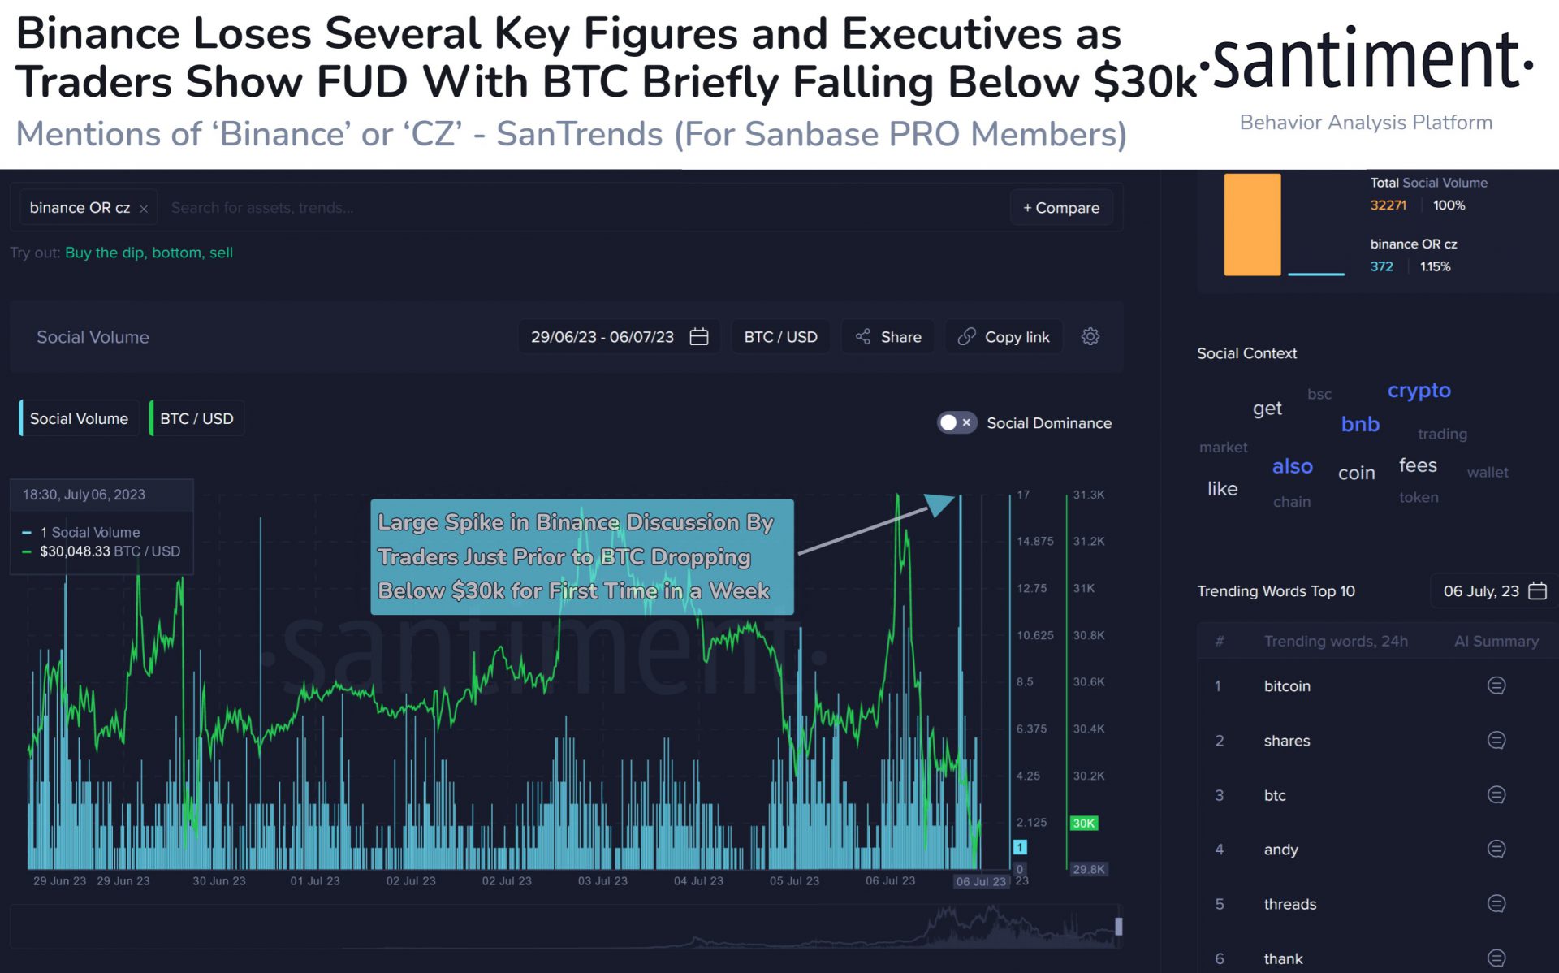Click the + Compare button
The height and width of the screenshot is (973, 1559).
pyautogui.click(x=1060, y=208)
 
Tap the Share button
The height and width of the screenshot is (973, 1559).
pyautogui.click(x=888, y=337)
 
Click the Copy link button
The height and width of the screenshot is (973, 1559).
pyautogui.click(x=1004, y=337)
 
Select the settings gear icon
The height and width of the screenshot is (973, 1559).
pyautogui.click(x=1090, y=336)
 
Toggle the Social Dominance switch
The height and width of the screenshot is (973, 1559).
pyautogui.click(x=956, y=422)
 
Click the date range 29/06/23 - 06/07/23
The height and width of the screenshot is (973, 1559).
pyautogui.click(x=619, y=337)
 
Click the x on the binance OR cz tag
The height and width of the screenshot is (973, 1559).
pyautogui.click(x=144, y=209)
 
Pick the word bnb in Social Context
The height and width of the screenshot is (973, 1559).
pyautogui.click(x=1360, y=424)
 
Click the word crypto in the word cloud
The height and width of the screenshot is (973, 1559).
pyautogui.click(x=1419, y=391)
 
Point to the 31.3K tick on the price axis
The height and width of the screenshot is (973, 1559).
pyautogui.click(x=1088, y=495)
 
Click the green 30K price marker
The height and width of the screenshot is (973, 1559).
pyautogui.click(x=1083, y=823)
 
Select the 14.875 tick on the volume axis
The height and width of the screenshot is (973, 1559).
pyautogui.click(x=1034, y=541)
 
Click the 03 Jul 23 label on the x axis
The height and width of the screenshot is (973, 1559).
pyautogui.click(x=602, y=881)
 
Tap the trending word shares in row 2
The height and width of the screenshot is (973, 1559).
pyautogui.click(x=1287, y=741)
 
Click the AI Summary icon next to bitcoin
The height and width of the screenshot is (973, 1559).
pyautogui.click(x=1496, y=686)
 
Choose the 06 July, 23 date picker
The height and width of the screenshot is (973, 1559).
pyautogui.click(x=1492, y=591)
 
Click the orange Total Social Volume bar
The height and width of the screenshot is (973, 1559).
pyautogui.click(x=1252, y=225)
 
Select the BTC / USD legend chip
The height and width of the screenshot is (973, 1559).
pyautogui.click(x=196, y=418)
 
